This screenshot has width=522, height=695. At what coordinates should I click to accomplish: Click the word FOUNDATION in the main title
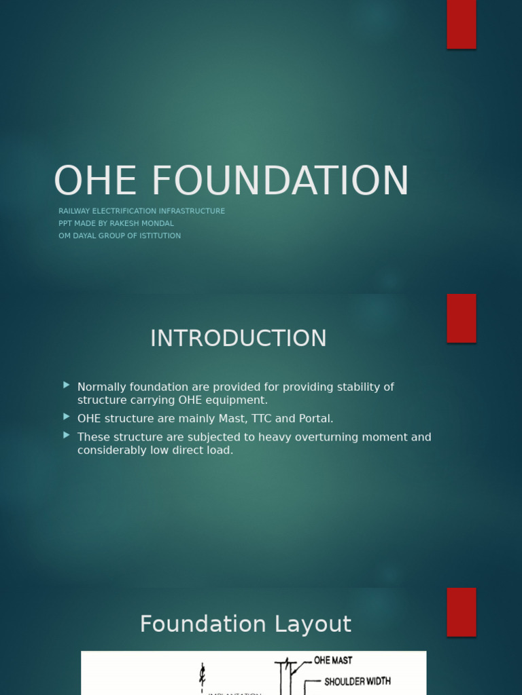pos(279,181)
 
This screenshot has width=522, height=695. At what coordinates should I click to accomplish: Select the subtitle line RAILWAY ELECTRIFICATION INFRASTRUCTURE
pos(141,211)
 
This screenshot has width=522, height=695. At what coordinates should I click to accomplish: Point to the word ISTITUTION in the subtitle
pos(160,236)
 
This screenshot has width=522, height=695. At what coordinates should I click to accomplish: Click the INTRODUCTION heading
pos(238,338)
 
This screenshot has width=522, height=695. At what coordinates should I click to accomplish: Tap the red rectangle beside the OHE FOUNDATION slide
pos(461,24)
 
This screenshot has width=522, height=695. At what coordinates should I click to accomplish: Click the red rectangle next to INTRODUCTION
pos(461,318)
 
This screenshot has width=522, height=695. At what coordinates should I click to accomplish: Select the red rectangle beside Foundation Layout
pos(461,612)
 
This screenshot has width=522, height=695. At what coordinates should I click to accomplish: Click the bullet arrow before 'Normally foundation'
pos(66,385)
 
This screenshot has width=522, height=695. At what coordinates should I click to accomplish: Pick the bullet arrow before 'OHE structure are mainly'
pos(66,416)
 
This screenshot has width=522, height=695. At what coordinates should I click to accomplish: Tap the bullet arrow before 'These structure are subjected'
pos(66,434)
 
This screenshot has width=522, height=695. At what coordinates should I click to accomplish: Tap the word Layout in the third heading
pos(319,624)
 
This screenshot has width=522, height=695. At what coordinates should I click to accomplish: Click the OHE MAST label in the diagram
pos(333,660)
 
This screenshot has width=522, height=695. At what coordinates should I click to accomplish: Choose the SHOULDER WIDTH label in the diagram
pos(358,681)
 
